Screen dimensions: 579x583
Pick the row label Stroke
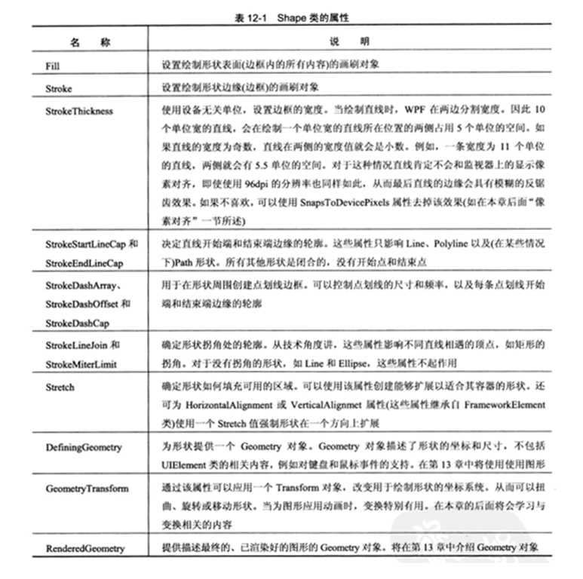click(x=59, y=88)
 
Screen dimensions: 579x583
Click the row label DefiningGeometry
click(x=84, y=447)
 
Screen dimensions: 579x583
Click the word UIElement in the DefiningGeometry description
click(x=183, y=461)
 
